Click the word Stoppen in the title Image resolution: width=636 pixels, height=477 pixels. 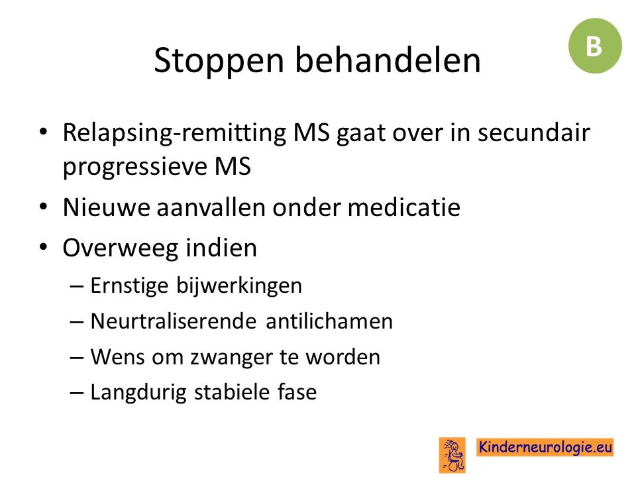(219, 61)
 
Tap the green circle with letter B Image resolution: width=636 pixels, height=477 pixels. (595, 46)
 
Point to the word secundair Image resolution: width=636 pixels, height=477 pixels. (534, 132)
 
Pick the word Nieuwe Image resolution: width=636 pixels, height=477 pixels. (107, 207)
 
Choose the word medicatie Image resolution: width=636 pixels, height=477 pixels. (404, 207)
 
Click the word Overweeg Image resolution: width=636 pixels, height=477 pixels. (121, 248)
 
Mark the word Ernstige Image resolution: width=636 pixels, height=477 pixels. (129, 286)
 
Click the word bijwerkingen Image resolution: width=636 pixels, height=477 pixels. (239, 286)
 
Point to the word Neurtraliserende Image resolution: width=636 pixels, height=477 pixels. (174, 321)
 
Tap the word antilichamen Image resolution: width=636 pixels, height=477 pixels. (329, 321)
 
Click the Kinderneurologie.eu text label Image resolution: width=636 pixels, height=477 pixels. (545, 447)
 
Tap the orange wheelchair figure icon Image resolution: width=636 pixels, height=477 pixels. (452, 455)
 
